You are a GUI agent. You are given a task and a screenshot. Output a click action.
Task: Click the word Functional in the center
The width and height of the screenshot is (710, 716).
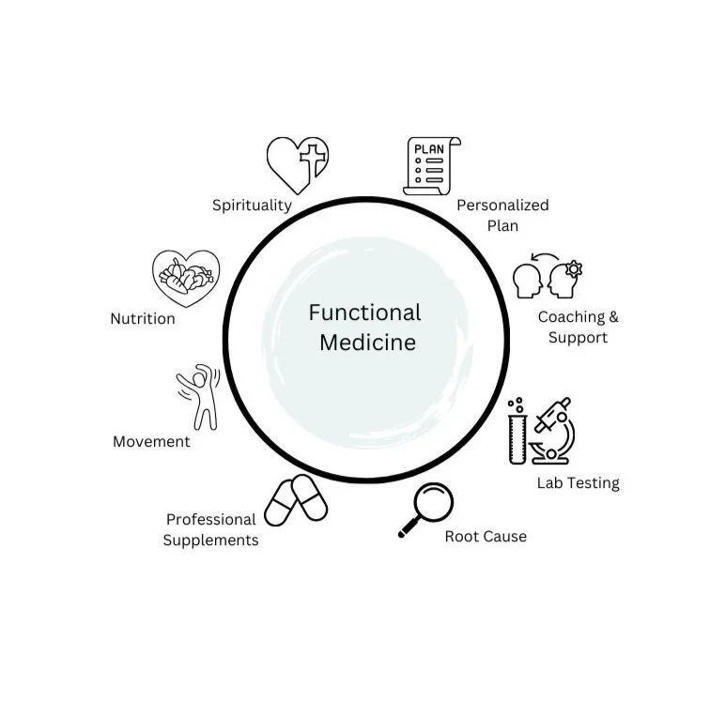click(x=365, y=312)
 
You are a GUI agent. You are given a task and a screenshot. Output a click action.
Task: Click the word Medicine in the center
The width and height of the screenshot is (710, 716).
click(x=367, y=343)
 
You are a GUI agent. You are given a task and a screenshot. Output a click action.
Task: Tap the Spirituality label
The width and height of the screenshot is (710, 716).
click(x=252, y=206)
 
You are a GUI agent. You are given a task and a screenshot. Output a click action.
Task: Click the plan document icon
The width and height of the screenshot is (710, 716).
click(x=431, y=166)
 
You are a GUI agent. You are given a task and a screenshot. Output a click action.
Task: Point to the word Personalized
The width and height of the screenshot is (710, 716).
click(x=502, y=206)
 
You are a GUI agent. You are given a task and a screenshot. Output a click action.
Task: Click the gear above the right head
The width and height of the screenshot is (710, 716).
click(x=574, y=268)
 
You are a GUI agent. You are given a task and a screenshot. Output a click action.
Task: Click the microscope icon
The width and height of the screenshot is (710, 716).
click(x=553, y=431)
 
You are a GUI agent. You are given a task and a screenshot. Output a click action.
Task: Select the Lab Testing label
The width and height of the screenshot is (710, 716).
click(x=578, y=483)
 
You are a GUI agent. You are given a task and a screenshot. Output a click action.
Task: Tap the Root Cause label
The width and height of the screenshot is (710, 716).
click(x=486, y=537)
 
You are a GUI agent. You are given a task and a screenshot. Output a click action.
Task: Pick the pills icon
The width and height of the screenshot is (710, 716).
click(x=296, y=500)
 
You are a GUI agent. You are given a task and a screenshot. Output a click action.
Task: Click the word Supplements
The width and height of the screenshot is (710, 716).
click(x=210, y=541)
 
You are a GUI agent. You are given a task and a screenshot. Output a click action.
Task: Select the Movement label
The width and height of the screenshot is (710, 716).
click(x=151, y=442)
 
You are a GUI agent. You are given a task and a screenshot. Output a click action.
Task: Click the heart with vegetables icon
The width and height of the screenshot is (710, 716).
click(x=186, y=278)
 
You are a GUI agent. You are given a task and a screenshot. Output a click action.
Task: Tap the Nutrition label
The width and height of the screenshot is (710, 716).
click(x=143, y=319)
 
